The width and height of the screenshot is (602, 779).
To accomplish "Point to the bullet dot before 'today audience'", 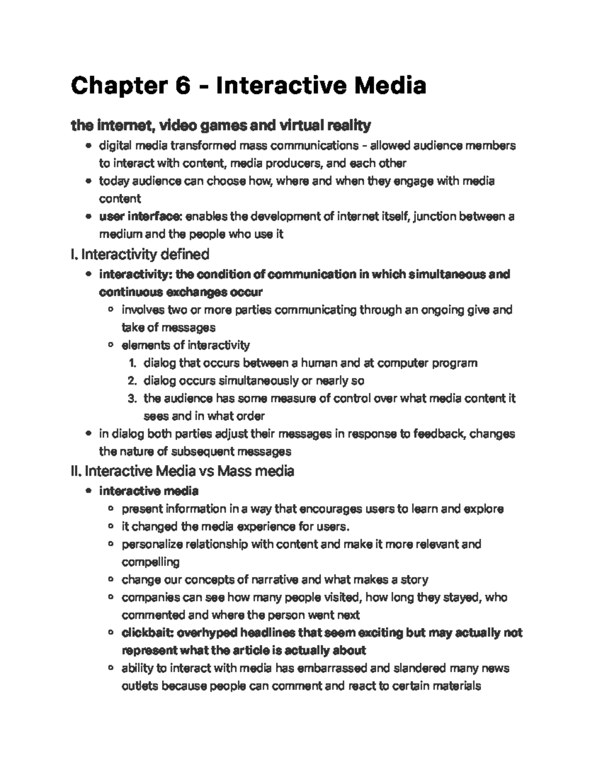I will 89,181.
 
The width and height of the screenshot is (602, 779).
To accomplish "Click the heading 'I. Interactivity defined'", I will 140,255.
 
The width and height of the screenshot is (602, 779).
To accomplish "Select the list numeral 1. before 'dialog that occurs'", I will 132,363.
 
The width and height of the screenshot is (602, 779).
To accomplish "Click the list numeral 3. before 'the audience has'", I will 132,399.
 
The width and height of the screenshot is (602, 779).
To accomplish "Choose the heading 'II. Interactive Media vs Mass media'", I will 183,472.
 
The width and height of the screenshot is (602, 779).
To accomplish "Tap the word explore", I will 484,509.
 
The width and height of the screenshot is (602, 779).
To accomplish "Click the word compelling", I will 150,562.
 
